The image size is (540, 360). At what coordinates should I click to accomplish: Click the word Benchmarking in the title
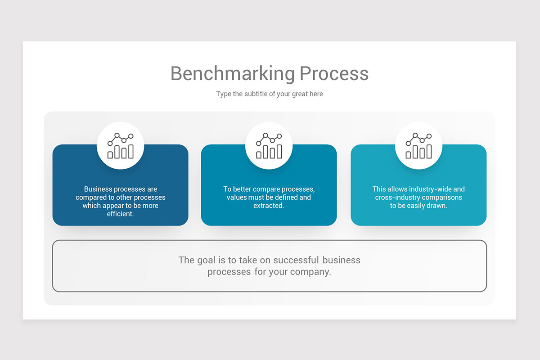tap(233, 73)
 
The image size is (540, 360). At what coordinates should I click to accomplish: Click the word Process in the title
tap(334, 73)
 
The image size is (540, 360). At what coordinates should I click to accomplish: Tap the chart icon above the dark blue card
tap(121, 146)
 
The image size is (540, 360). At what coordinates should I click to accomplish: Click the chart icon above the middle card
tap(269, 146)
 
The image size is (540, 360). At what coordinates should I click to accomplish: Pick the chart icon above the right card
tap(418, 146)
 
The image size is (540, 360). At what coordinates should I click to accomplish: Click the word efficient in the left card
tap(121, 214)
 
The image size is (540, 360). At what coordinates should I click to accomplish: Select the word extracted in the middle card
tap(268, 206)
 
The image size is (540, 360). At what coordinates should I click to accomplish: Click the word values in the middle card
tap(237, 198)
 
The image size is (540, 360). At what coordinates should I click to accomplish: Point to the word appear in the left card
tap(113, 206)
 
